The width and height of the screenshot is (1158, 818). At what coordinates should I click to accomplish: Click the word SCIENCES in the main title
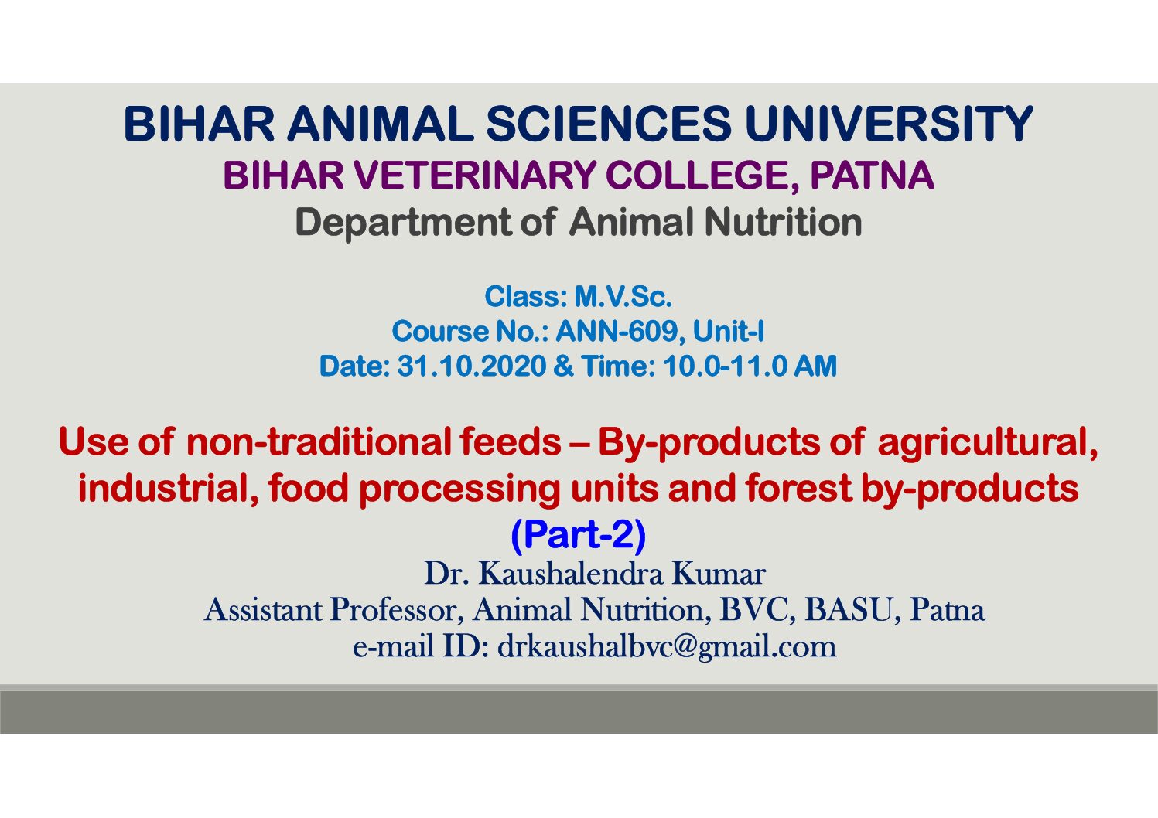609,124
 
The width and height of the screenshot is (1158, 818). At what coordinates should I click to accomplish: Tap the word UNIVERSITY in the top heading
889,124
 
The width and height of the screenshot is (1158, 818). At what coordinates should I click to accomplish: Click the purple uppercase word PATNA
872,175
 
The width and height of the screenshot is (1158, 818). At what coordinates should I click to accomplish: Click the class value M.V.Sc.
623,297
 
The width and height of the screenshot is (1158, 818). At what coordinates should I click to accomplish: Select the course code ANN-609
620,331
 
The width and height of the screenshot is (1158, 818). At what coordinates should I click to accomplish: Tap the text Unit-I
729,331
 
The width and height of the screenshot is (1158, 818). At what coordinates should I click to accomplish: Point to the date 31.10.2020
471,366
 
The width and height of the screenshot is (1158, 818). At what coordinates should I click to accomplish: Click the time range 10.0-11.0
725,366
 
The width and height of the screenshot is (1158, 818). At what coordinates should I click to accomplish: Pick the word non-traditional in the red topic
319,441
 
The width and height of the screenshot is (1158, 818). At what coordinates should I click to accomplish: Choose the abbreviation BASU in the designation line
849,610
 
